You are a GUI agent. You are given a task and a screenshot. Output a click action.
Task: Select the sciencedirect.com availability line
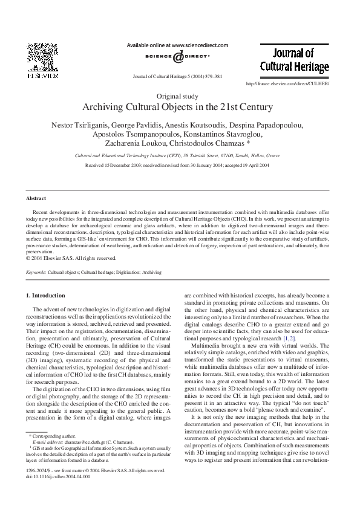tap(177, 45)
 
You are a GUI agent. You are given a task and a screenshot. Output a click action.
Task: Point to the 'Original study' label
tap(180, 96)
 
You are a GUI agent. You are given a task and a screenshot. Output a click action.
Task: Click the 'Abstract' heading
tap(36, 198)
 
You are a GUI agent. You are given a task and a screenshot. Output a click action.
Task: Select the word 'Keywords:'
tap(36, 273)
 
